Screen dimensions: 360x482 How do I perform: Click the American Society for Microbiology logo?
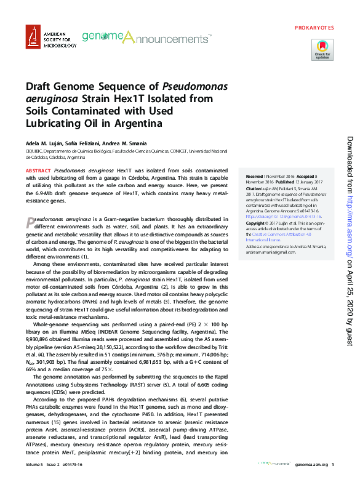pyautogui.click(x=51, y=38)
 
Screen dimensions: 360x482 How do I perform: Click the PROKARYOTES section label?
pyautogui.click(x=314, y=28)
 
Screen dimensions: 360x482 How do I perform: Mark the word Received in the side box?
pyautogui.click(x=255, y=176)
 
